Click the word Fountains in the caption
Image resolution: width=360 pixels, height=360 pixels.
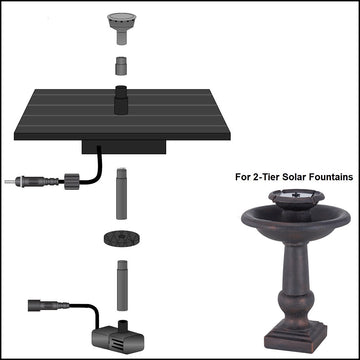pos(326,176)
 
